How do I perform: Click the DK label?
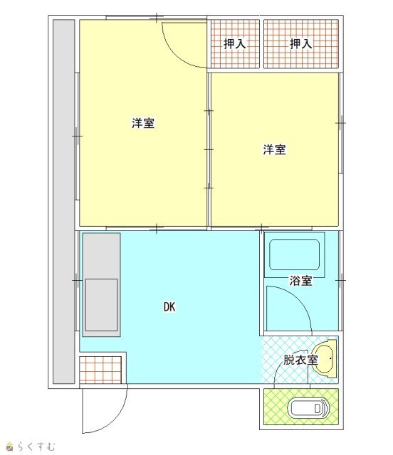(169, 306)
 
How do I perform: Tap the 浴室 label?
(300, 281)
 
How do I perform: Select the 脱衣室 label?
(300, 360)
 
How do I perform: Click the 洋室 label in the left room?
(143, 123)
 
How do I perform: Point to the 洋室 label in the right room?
(274, 149)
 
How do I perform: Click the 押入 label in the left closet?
(234, 44)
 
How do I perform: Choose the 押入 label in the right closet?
(301, 44)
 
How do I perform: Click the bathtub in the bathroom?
(294, 255)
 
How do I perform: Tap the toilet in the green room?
(308, 408)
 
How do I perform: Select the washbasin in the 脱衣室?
(325, 358)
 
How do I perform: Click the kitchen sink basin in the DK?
(101, 305)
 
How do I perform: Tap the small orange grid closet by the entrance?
(100, 370)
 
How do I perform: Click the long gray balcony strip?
(63, 202)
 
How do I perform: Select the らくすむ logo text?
(36, 446)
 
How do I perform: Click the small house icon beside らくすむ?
(10, 446)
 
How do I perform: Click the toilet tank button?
(318, 409)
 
